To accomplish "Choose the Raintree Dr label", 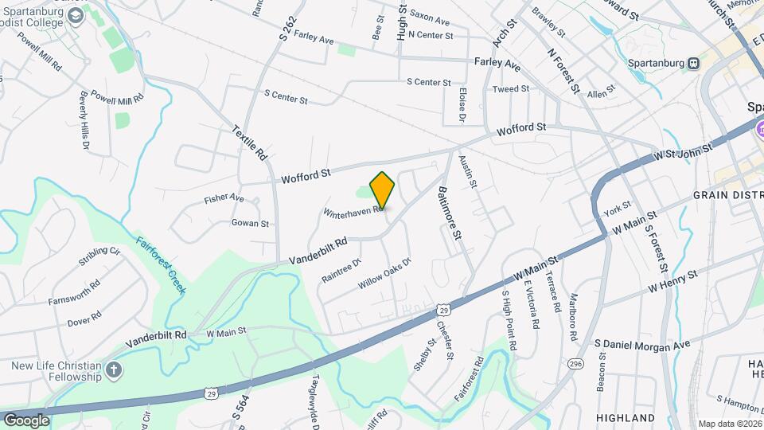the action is point(341,270).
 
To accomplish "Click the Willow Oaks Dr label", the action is point(384,273).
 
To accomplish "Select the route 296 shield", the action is point(575,364).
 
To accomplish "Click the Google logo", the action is point(25,420).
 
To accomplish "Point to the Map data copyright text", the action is point(729,424).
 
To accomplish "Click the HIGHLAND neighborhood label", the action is point(625,418).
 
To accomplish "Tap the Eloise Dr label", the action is point(462,105).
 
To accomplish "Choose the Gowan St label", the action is point(250,224).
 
